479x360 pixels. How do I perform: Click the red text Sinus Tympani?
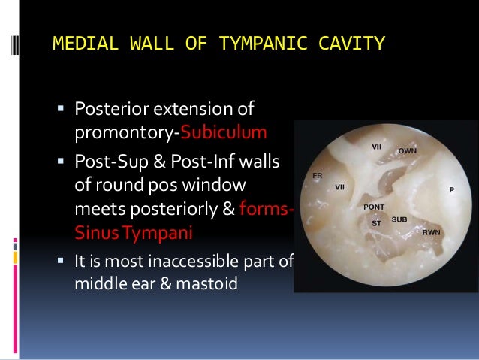133,232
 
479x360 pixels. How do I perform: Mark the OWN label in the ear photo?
408,151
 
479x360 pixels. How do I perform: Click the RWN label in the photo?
431,232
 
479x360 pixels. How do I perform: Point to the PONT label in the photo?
374,206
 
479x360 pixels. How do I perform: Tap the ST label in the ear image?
376,223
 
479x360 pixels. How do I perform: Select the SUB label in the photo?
399,219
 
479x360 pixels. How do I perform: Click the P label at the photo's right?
451,190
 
